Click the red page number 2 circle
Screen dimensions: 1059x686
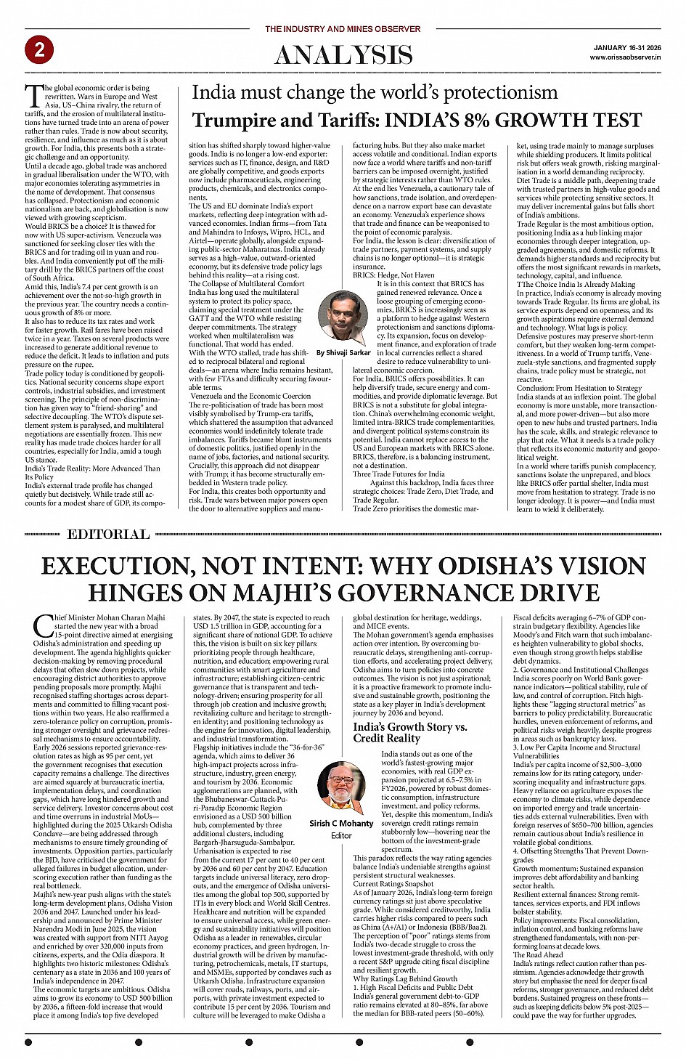pos(39,50)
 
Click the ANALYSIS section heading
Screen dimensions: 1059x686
pos(343,55)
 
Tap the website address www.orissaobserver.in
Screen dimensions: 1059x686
pos(625,57)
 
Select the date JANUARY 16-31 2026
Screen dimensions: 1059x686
pos(626,47)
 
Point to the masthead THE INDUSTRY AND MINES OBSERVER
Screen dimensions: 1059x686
pos(343,29)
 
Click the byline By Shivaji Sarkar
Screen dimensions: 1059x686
pos(343,352)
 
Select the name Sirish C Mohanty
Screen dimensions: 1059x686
pos(341,823)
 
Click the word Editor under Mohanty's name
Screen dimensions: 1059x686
pos(341,835)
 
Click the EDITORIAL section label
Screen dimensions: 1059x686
pos(108,535)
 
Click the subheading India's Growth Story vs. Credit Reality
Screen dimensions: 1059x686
pos(410,732)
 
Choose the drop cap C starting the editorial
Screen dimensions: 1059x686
pos(43,625)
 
